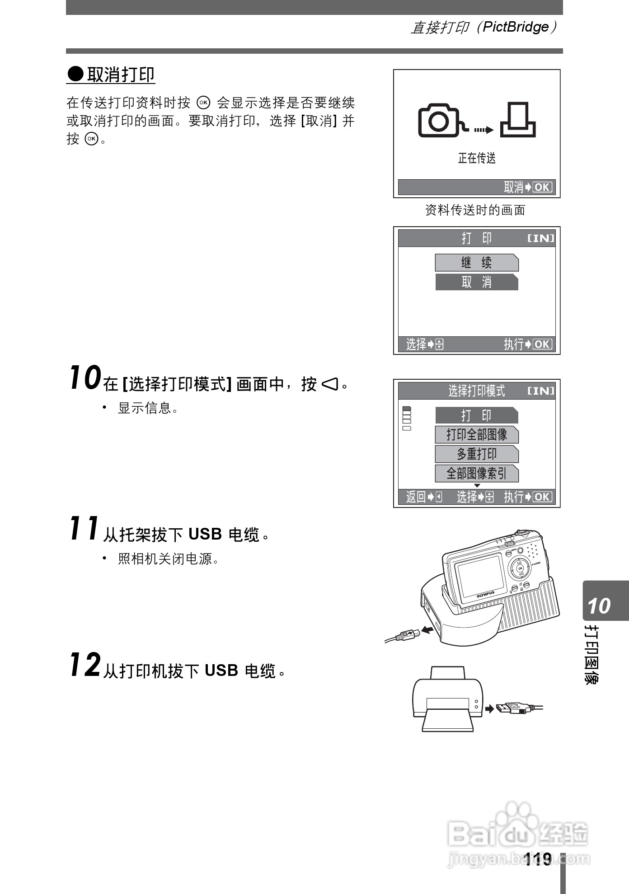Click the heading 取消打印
tap(120, 74)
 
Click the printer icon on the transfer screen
tap(518, 120)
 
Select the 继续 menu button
tap(477, 263)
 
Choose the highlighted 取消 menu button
tap(477, 282)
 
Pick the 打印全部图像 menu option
tap(477, 435)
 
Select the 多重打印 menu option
tap(477, 454)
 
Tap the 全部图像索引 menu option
tap(477, 474)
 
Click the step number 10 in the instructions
tap(85, 378)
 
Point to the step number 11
tap(84, 528)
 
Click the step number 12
tap(85, 665)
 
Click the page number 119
tap(538, 859)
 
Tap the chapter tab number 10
tap(599, 606)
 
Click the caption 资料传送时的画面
tap(475, 210)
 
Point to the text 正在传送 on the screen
tap(477, 158)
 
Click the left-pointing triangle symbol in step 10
tap(329, 384)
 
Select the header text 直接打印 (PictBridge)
tap(483, 27)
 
